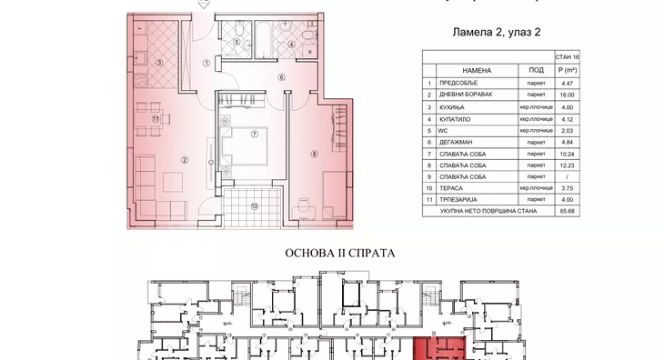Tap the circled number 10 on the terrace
[256, 205]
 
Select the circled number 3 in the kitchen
[158, 63]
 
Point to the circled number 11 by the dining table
[156, 118]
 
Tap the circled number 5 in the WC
[236, 42]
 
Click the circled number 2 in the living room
[185, 160]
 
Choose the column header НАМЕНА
[477, 69]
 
